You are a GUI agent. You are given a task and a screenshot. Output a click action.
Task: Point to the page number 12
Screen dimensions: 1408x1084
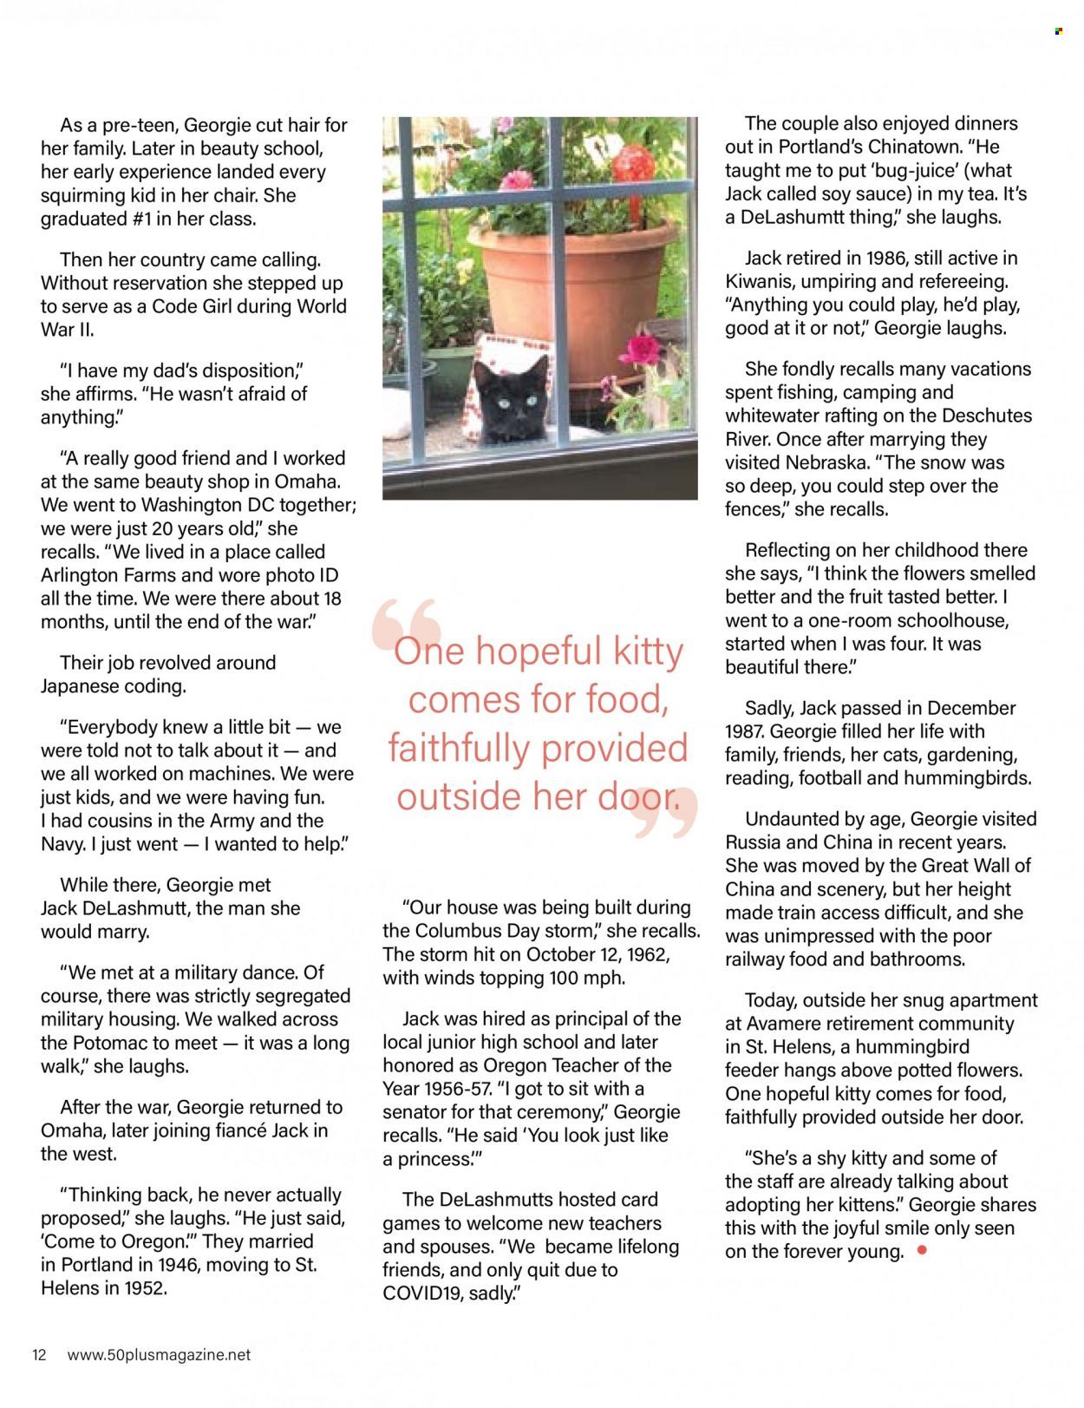39,1355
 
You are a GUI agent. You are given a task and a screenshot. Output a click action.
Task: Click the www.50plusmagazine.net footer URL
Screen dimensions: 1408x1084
159,1355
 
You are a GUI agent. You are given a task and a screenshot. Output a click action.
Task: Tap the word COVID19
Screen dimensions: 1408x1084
425,1293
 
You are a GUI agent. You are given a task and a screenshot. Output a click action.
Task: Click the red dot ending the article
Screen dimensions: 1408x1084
922,1250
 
